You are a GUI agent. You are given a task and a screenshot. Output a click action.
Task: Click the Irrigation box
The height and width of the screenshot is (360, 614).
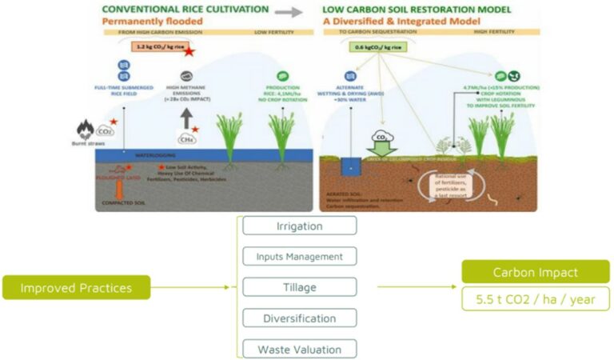[x=299, y=226]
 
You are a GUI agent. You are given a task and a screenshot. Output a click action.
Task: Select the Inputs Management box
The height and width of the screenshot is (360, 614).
[x=299, y=257]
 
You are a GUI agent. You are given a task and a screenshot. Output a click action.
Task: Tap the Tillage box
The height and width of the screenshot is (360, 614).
[x=299, y=287]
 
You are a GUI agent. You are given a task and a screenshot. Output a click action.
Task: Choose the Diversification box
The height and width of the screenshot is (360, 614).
[x=299, y=318]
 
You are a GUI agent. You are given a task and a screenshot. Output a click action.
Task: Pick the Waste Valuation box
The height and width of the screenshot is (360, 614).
[x=299, y=350]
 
